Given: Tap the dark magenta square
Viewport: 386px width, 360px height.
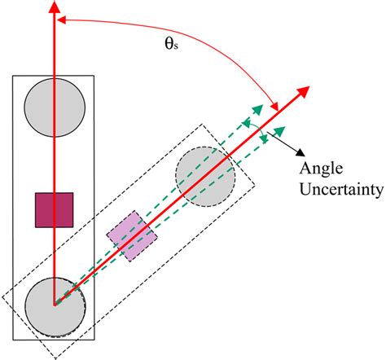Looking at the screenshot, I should (x=54, y=209).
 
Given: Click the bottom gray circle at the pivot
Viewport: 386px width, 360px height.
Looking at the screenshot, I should (x=54, y=305).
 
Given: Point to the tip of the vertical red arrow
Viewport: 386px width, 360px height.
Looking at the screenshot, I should (x=54, y=7).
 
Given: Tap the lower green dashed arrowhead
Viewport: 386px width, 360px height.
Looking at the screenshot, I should (x=282, y=130).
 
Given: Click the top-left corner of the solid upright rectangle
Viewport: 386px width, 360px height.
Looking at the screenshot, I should (x=12, y=76).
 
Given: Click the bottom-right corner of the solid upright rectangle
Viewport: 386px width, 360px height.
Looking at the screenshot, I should (x=95, y=338).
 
